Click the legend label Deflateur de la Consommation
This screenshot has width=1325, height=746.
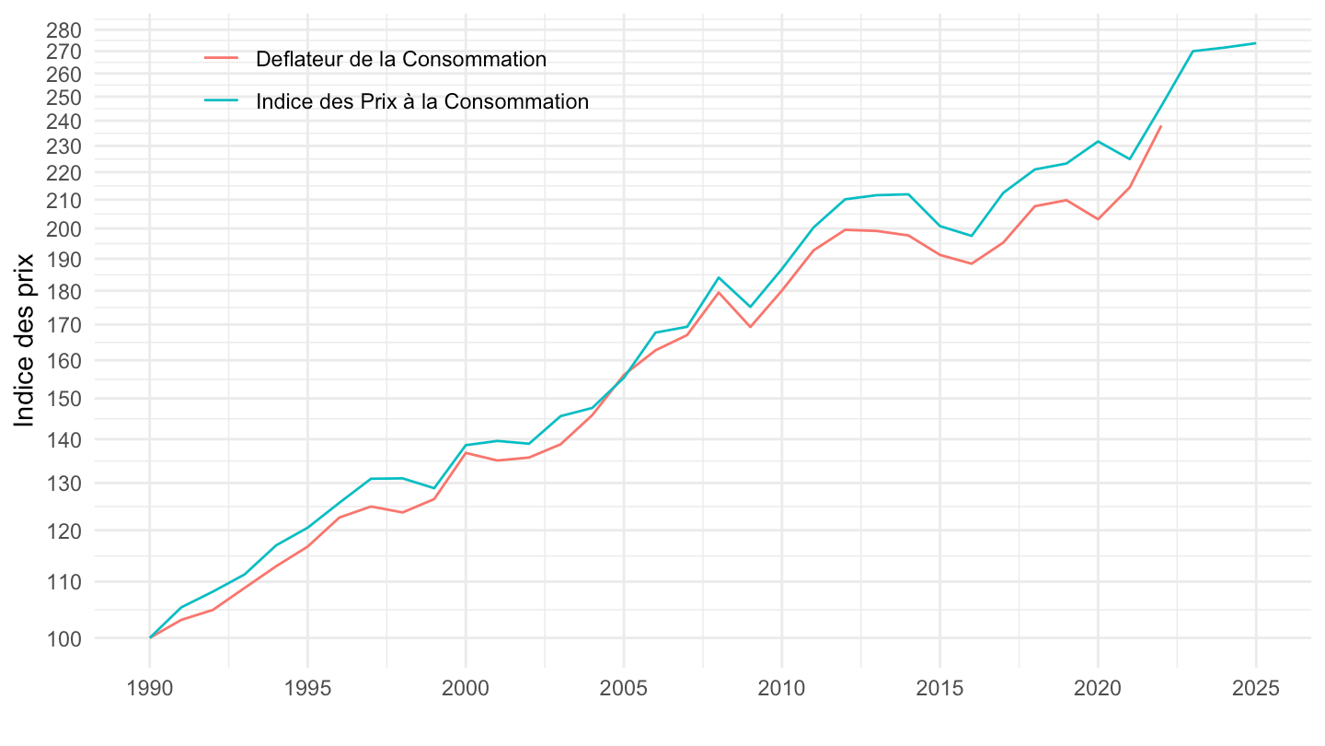[x=401, y=59]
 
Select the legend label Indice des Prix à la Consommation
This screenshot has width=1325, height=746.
[x=422, y=101]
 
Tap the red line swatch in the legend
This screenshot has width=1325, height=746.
[x=222, y=59]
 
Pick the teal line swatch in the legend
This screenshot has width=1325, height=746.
[x=222, y=101]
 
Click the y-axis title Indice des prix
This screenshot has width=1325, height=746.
[x=25, y=340]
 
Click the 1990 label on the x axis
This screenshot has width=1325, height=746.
[x=150, y=690]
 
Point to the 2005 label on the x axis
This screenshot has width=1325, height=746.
[x=624, y=690]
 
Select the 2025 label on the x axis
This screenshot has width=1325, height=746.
[x=1256, y=690]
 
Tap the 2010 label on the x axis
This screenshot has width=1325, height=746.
[x=782, y=690]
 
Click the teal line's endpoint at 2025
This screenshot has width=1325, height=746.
[x=1256, y=43]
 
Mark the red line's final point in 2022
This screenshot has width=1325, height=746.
[x=1161, y=126]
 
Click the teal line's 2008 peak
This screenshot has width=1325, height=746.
[x=719, y=277]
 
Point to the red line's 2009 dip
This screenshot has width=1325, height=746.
[x=751, y=327]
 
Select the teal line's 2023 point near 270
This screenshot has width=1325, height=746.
[x=1192, y=51]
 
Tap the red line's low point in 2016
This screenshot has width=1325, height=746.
[x=972, y=264]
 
